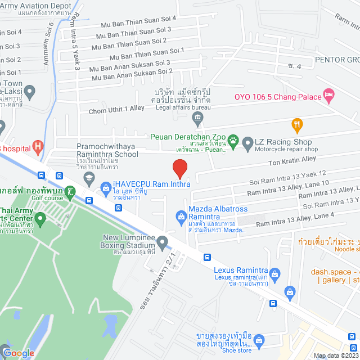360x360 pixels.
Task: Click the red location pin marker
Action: click(179, 168)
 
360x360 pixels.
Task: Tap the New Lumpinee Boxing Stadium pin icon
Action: click(163, 244)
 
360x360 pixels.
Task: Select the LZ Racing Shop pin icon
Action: click(247, 145)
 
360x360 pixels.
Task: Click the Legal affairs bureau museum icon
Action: click(197, 118)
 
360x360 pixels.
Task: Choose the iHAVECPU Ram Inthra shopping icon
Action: click(105, 187)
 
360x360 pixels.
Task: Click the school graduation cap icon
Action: click(88, 178)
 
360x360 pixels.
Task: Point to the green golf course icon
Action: click(70, 192)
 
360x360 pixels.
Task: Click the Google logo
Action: click(19, 353)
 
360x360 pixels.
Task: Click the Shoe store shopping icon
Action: click(259, 340)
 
